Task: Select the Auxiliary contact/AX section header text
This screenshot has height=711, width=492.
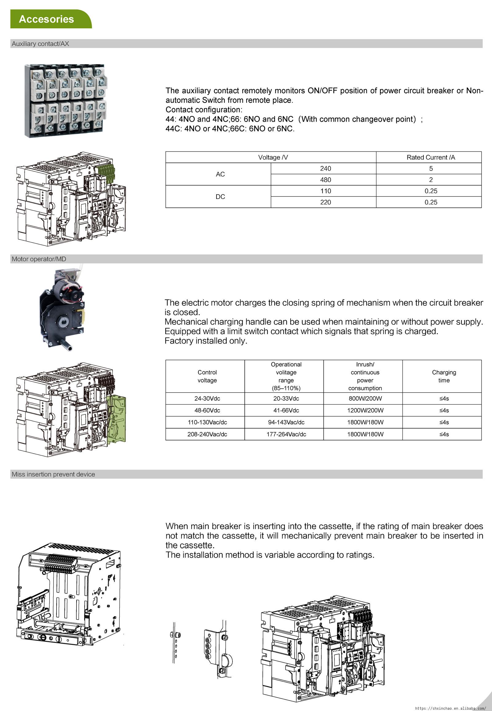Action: coord(40,44)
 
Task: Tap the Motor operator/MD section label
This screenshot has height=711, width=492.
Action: coord(39,259)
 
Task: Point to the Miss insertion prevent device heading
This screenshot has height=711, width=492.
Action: coord(53,474)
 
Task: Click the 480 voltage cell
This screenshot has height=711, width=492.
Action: coord(325,180)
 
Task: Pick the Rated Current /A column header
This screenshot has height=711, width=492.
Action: coord(431,157)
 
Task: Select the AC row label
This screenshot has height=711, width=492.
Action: coord(220,174)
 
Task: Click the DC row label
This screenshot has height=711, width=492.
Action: coord(220,197)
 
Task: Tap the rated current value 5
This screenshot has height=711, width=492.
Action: coord(431,168)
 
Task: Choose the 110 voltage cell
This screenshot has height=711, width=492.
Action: coord(325,191)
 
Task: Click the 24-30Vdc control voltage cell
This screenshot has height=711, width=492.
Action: coord(207,398)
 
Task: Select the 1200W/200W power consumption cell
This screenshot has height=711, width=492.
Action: coord(365,410)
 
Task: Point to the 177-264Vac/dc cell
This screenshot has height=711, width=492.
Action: coord(286,434)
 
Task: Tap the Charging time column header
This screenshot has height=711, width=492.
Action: coord(444,376)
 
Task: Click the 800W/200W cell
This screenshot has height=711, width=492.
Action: coord(365,398)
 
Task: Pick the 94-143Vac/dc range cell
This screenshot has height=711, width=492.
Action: coord(286,422)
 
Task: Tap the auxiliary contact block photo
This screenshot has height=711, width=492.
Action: coord(66,101)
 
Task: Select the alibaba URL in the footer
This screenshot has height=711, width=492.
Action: coord(450,708)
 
